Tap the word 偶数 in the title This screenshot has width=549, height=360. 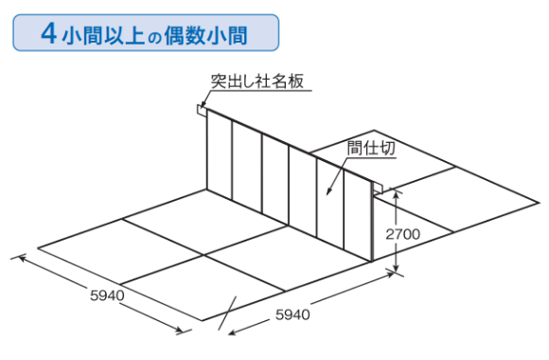click(x=188, y=35)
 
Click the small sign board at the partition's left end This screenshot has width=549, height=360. click(x=202, y=110)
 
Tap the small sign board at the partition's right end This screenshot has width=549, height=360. click(x=377, y=187)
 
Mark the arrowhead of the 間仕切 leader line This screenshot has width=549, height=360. click(x=328, y=194)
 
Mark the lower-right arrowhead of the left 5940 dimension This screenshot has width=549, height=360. click(x=182, y=330)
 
